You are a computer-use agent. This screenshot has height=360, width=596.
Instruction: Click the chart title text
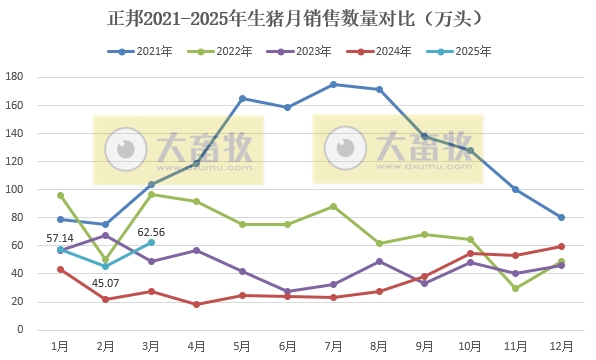pyautogui.click(x=297, y=19)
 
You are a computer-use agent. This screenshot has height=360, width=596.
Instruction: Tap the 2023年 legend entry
pyautogui.click(x=318, y=51)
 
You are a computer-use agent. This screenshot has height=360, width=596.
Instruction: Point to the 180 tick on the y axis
pyautogui.click(x=15, y=77)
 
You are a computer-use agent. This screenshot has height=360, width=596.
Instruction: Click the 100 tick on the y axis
pyautogui.click(x=15, y=189)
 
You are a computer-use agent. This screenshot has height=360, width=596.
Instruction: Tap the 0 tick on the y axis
pyautogui.click(x=20, y=329)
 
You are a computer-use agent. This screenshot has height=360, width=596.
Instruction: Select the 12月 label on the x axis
pyautogui.click(x=561, y=345)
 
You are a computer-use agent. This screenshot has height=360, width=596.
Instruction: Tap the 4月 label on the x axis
pyautogui.click(x=196, y=345)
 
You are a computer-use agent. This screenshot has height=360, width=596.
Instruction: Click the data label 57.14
pyautogui.click(x=61, y=239)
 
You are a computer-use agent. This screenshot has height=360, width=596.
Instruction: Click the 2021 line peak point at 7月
pyautogui.click(x=333, y=84)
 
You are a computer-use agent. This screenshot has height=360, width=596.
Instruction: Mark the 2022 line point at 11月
pyautogui.click(x=516, y=288)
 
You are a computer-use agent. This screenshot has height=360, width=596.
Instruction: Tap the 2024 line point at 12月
pyautogui.click(x=561, y=246)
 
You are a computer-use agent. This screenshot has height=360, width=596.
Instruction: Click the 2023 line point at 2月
pyautogui.click(x=105, y=235)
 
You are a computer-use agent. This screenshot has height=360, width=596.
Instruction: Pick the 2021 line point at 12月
pyautogui.click(x=561, y=217)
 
